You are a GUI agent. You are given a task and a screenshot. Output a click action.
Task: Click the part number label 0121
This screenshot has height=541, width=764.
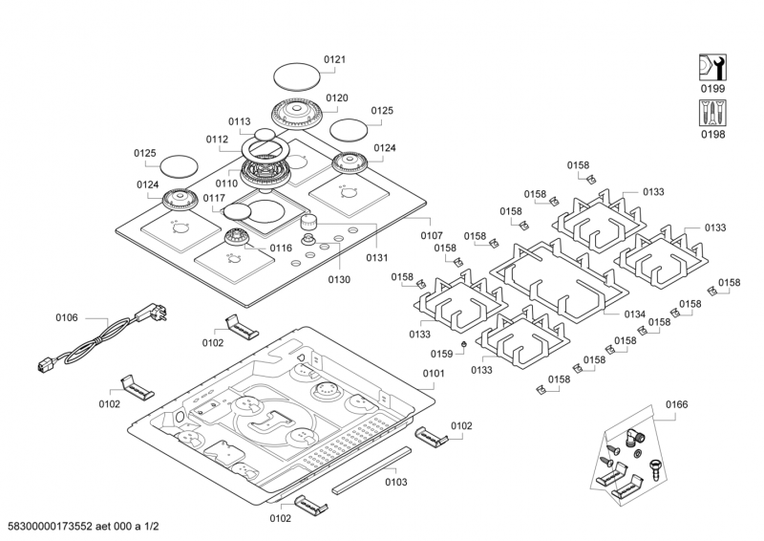pos(334,59)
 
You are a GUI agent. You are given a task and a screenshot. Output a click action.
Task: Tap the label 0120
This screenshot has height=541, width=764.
pos(336,97)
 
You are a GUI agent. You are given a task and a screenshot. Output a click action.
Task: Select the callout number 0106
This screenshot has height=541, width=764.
pos(66,316)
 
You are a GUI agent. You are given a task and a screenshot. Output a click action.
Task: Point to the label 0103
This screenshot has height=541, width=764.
pos(395,483)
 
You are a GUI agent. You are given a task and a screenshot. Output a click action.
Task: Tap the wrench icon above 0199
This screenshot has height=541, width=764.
pos(712,68)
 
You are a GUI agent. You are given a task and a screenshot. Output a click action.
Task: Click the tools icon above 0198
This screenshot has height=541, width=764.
pos(712,114)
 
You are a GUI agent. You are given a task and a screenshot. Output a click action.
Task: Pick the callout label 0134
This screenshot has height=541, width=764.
pos(635,314)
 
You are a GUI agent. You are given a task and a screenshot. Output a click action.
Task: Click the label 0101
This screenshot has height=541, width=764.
pos(434,373)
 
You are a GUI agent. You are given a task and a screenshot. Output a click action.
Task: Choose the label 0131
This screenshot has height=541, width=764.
pos(377,256)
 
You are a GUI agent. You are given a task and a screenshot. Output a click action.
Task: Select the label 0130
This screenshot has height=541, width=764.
pos(338,280)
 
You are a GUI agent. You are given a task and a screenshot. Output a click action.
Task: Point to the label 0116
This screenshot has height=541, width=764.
pos(280,248)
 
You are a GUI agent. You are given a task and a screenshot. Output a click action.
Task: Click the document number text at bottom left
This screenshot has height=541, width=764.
pos(82,528)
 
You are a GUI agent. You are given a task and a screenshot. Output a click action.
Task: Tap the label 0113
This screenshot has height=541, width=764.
pos(239,121)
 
